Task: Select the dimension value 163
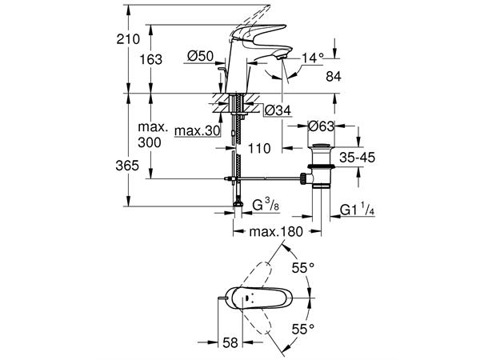[x=149, y=59]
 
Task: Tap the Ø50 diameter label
[x=198, y=58]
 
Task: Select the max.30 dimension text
[x=196, y=130]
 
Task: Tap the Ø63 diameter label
[x=322, y=125]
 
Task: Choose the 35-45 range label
[x=355, y=158]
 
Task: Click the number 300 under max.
[x=149, y=142]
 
